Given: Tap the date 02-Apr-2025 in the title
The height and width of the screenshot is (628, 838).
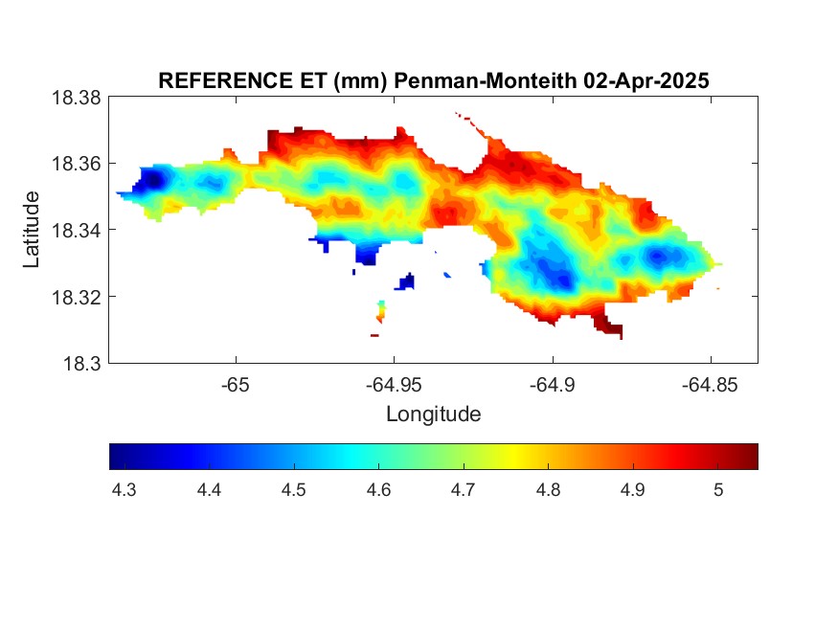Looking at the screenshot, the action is point(646,80).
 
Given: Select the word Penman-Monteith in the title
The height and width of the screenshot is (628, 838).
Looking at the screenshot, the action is point(486,80).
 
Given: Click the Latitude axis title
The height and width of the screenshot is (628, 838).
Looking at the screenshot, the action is point(32,229).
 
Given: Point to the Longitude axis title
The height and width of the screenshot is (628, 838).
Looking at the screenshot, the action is point(434,414).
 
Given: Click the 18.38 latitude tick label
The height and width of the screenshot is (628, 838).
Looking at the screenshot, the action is point(76,98).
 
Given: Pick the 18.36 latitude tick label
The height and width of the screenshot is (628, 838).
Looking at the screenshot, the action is point(76,164).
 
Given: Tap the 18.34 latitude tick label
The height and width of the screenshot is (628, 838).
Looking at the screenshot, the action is point(76,230).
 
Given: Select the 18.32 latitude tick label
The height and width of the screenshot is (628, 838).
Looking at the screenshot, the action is point(76,297).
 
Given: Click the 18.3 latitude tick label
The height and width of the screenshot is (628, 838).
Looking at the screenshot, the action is point(81,364).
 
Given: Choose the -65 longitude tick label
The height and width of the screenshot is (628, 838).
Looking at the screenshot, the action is point(236,385).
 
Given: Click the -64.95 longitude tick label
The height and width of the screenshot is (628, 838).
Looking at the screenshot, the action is point(394,385).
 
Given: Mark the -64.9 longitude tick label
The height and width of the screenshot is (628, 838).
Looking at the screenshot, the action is point(553,385).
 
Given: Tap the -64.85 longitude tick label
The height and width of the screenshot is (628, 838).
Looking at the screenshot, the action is point(710,385).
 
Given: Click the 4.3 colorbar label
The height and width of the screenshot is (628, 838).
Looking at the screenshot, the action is point(124,490).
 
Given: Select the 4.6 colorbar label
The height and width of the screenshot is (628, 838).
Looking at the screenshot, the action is point(378,490).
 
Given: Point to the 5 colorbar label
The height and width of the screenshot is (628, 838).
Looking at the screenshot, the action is point(718,490).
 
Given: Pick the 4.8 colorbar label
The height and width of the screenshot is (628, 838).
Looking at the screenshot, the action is point(549,490).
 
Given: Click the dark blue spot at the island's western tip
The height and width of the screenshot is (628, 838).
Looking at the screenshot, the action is point(151,179).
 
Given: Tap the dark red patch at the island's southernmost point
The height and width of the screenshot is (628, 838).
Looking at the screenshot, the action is point(608,325).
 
